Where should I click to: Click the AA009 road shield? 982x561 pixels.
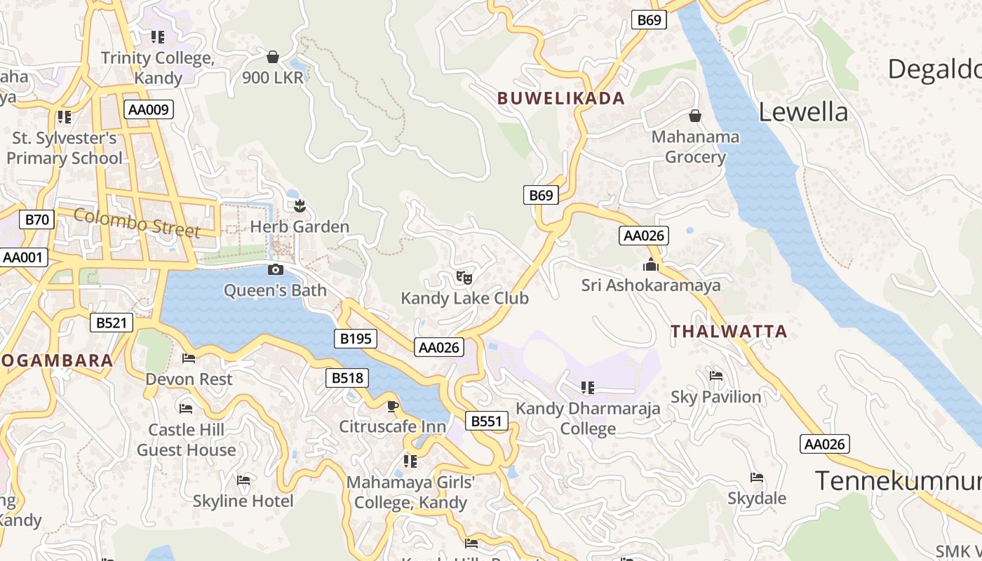[x=148, y=109]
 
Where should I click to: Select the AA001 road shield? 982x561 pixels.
[x=22, y=257]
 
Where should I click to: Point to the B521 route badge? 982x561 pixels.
[x=111, y=323]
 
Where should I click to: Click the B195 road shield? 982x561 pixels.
[x=356, y=339]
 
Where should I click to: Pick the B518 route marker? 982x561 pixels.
[x=347, y=378]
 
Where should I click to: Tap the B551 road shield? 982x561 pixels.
[x=486, y=421]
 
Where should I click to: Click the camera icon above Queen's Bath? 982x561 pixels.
[x=276, y=270]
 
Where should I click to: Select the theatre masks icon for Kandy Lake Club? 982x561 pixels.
[x=463, y=278]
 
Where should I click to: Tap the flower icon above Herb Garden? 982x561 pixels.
[x=300, y=206]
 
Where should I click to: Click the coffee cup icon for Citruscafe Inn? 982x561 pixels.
[x=393, y=406]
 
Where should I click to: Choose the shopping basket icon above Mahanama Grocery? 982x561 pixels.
[x=695, y=116]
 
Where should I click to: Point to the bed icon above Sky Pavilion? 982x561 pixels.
[x=716, y=376]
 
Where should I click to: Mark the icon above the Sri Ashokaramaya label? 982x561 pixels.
[x=651, y=265]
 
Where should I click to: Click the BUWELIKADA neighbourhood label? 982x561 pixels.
[x=561, y=98]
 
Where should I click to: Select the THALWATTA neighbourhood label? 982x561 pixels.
[x=729, y=332]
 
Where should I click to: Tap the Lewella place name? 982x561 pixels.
[x=803, y=112]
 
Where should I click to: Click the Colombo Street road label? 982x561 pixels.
[x=137, y=223]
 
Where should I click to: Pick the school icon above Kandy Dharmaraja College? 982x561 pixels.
[x=588, y=387]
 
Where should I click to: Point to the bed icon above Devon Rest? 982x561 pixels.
[x=189, y=358]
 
